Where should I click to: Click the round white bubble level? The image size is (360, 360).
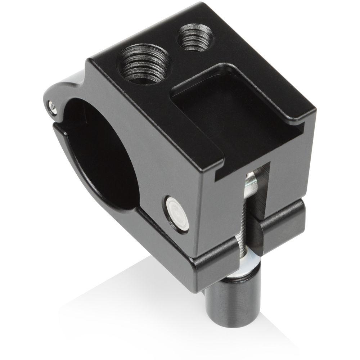pyautogui.click(x=176, y=212)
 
